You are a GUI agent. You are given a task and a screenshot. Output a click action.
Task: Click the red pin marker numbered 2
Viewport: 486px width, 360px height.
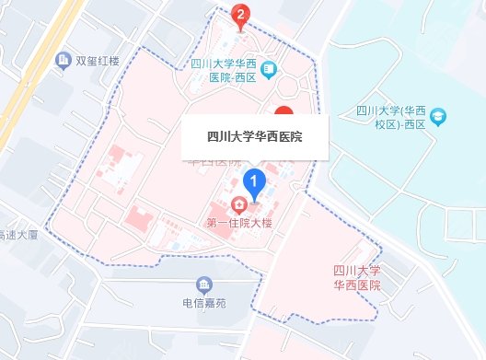pos(241,17)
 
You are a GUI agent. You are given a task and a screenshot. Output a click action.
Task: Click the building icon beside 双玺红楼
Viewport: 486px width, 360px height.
pos(64,62)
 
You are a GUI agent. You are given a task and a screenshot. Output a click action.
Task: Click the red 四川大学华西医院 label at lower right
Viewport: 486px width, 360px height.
pos(358,278)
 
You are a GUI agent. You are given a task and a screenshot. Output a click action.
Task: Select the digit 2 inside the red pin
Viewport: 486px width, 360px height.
pos(241,13)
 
